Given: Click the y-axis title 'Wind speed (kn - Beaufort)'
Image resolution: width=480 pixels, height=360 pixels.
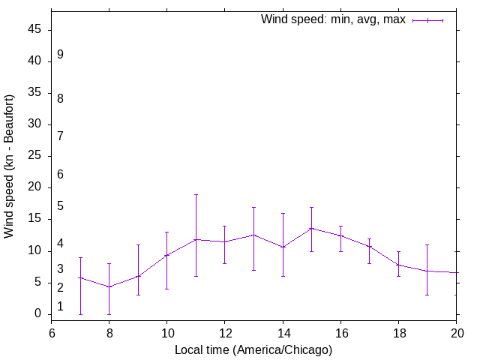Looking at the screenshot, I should coord(9,166).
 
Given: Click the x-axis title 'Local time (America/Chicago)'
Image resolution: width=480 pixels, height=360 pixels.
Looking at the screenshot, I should coord(253,349).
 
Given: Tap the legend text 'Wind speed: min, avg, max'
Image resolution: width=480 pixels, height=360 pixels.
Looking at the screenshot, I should coord(333,20).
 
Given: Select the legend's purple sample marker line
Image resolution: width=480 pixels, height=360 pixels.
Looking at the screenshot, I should coord(427,20).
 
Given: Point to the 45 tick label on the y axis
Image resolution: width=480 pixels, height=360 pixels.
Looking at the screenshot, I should coord(36,30).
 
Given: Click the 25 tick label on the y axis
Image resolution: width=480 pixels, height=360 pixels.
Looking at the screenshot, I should coord(36,156).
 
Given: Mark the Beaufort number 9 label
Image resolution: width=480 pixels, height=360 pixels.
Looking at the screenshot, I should coord(60,55).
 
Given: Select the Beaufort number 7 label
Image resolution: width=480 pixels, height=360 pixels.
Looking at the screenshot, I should coord(60,136).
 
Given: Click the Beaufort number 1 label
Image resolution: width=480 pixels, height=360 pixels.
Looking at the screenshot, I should coord(60,307).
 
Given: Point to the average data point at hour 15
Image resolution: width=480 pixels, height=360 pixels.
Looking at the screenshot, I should coord(311,228).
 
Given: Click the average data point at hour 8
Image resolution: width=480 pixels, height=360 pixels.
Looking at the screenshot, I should coord(109,287).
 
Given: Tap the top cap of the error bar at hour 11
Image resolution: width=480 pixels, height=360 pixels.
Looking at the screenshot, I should coord(196,194).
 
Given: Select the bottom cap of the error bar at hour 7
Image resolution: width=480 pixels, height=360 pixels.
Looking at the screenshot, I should coord(80,314).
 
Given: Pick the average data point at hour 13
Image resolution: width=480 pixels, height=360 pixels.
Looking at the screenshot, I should coord(253,235).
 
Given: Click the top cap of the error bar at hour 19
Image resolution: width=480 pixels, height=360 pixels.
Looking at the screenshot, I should coord(427,244).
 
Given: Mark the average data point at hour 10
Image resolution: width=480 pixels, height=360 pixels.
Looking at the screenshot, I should coord(167,256).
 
